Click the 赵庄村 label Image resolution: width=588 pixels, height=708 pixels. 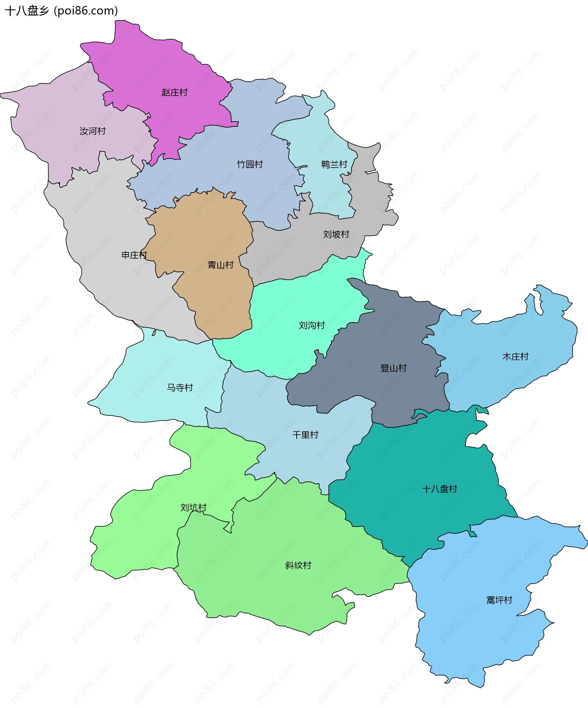click(174, 93)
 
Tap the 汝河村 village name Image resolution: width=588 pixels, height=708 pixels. click(93, 131)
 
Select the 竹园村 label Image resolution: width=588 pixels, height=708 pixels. click(250, 164)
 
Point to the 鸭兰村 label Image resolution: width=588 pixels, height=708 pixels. click(334, 164)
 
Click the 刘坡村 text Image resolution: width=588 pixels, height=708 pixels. click(336, 234)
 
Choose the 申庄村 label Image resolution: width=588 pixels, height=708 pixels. click(134, 255)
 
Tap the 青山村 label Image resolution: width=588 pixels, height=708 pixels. click(221, 265)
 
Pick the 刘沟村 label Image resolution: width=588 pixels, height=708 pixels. click(312, 325)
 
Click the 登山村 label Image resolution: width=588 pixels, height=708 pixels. click(393, 368)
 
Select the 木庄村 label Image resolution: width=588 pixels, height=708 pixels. click(515, 356)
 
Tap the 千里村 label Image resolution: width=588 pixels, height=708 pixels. click(305, 435)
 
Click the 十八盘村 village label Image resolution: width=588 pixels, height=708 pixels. click(439, 489)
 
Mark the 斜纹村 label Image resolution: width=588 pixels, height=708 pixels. click(298, 565)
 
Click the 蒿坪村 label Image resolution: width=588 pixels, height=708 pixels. click(499, 600)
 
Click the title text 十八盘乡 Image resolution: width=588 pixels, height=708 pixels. click(27, 11)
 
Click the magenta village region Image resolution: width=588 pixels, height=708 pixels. click(152, 67)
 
